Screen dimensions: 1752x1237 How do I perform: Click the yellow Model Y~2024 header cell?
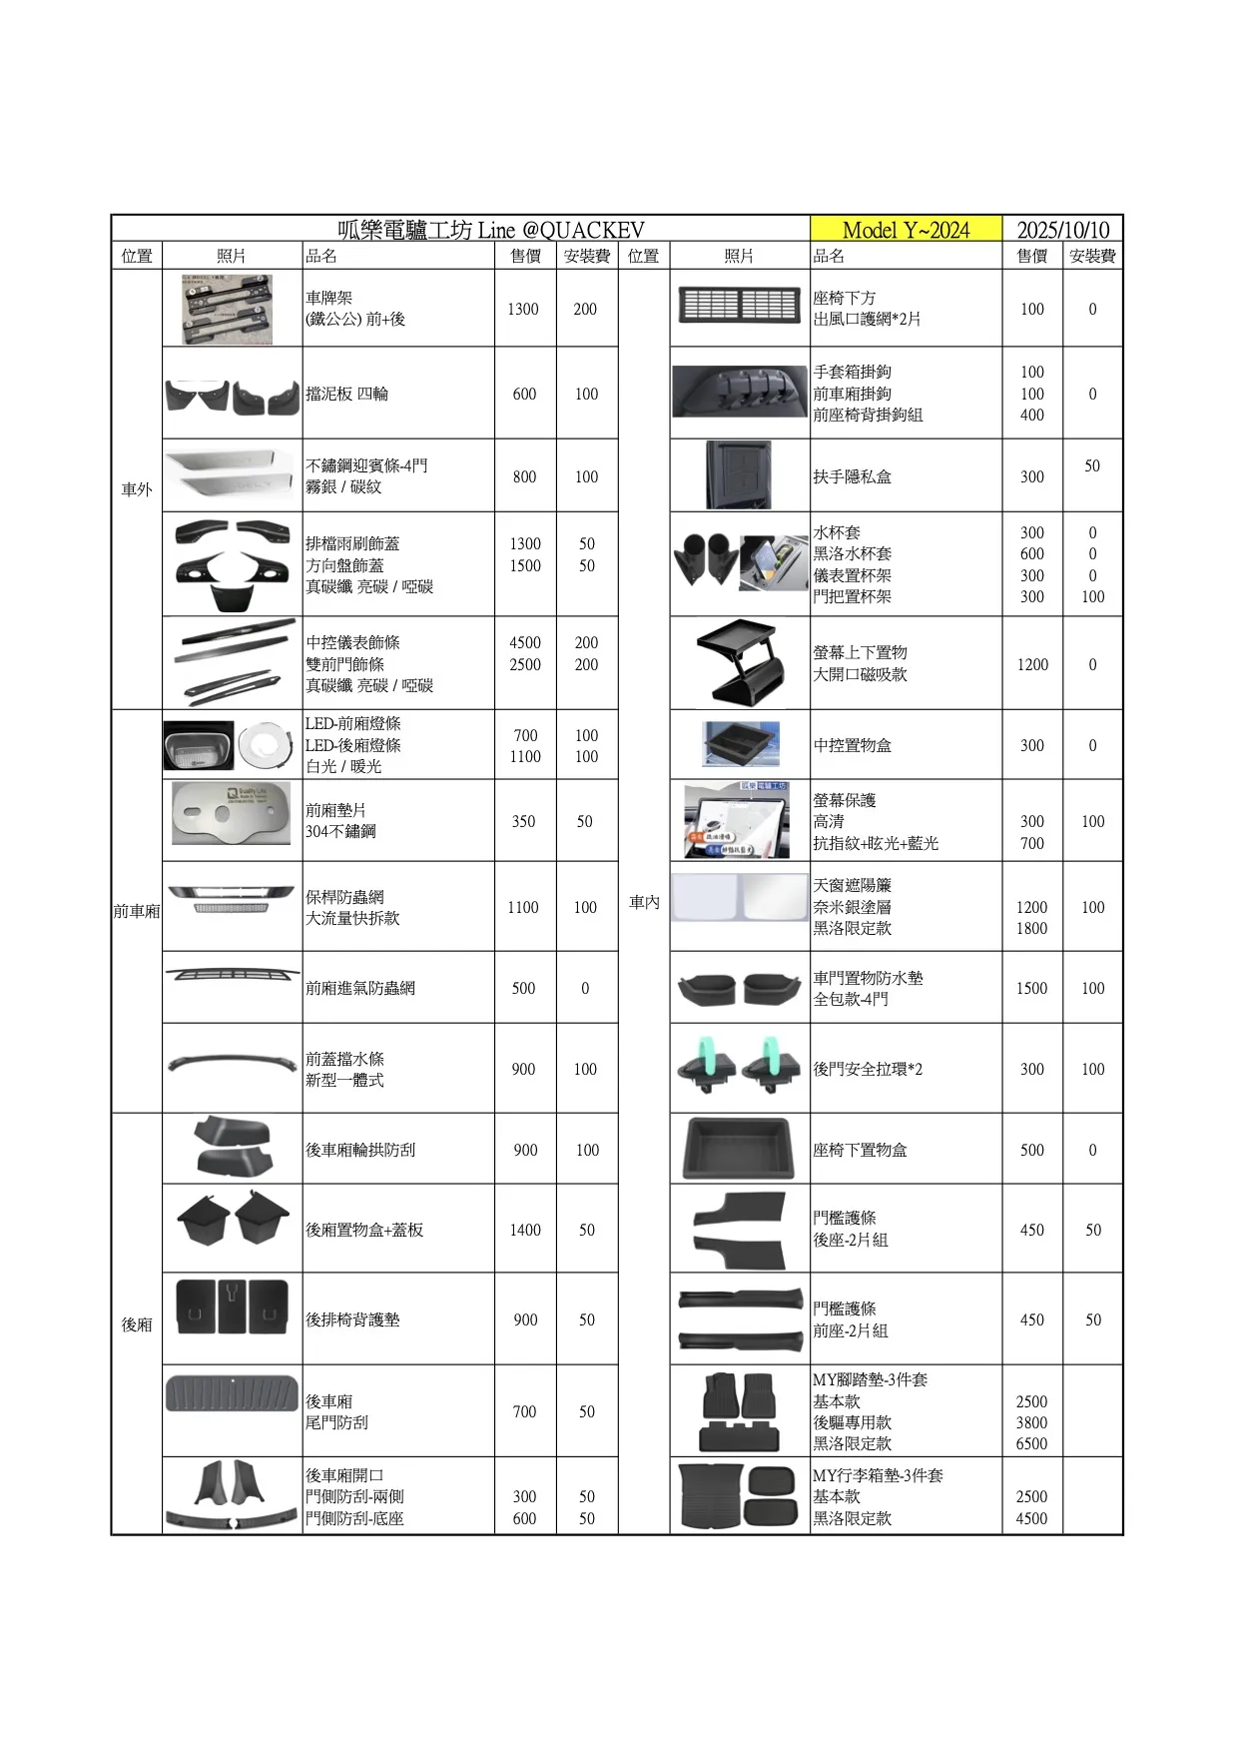click(x=906, y=230)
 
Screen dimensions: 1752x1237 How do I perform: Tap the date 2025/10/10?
click(x=1062, y=230)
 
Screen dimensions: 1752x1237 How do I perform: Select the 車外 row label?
click(x=137, y=489)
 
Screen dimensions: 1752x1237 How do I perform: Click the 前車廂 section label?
click(x=137, y=911)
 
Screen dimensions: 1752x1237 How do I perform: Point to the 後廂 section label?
click(x=137, y=1324)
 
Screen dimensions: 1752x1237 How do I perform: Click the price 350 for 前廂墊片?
click(x=524, y=821)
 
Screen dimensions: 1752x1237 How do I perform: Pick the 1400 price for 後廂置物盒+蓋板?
click(x=525, y=1230)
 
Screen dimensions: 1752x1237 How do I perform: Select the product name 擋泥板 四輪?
click(x=346, y=394)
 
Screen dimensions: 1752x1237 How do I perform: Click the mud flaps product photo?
click(x=232, y=396)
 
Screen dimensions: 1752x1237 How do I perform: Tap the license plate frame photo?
click(x=227, y=310)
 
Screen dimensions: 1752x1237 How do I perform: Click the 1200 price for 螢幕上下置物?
click(x=1032, y=664)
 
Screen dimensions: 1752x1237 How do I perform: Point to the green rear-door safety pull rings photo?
click(x=739, y=1067)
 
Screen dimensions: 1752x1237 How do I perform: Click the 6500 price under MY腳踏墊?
click(x=1031, y=1443)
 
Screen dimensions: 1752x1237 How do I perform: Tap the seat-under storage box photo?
click(x=739, y=1149)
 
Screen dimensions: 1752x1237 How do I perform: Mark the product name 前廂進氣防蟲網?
click(x=359, y=988)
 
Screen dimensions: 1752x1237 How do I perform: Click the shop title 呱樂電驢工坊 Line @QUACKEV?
click(x=490, y=230)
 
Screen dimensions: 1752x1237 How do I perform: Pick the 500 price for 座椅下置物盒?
click(x=1032, y=1150)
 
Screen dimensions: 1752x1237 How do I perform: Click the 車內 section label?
click(x=644, y=902)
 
